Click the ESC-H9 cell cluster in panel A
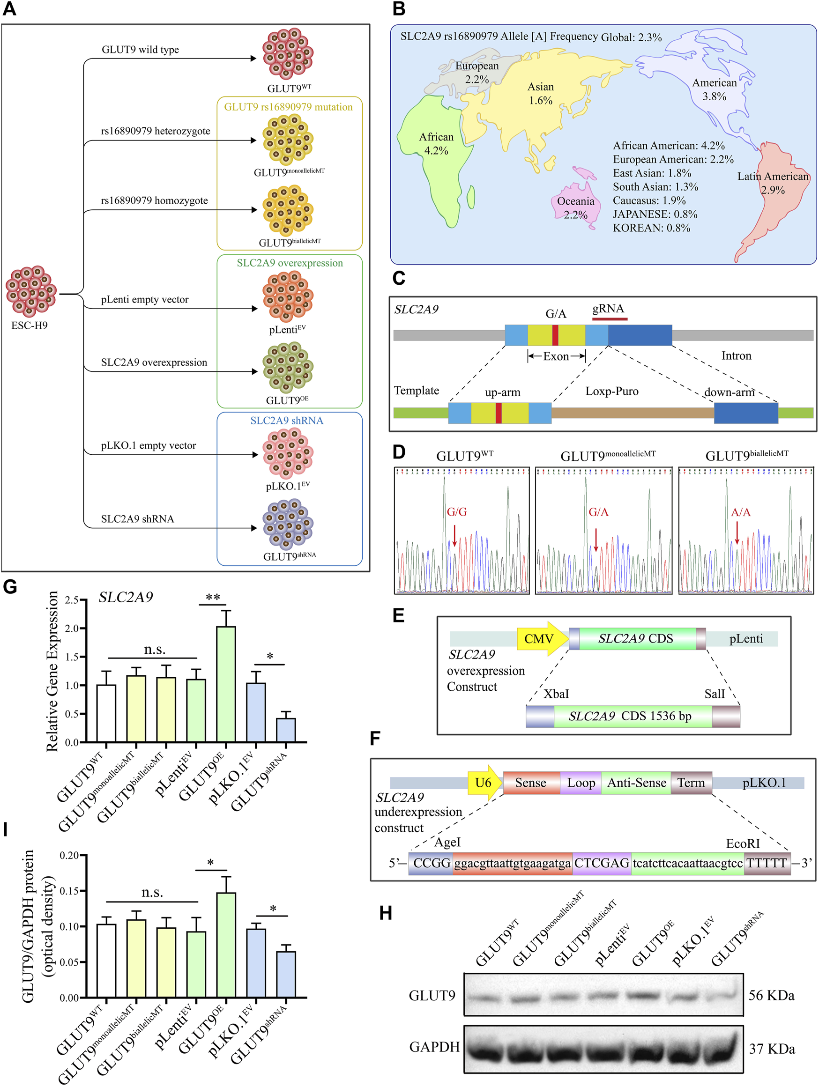[31, 291]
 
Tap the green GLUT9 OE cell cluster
[288, 368]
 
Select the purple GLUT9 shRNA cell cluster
[288, 524]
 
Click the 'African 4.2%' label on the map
[436, 143]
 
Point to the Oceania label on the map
[576, 201]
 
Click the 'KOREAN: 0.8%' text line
[651, 228]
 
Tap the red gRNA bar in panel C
[610, 319]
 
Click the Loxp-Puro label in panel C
[611, 391]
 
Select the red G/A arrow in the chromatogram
[596, 539]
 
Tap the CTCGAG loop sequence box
[602, 863]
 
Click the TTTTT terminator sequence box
[767, 863]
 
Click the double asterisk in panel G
[213, 598]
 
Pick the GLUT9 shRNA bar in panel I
[286, 975]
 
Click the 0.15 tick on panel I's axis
[69, 891]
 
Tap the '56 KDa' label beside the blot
[771, 996]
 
